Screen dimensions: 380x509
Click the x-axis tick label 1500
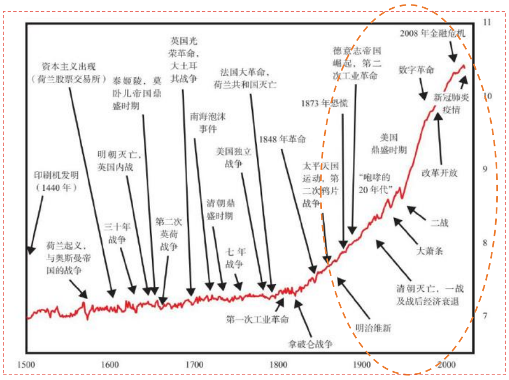pos(26,364)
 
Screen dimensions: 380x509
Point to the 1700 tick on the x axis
pos(194,364)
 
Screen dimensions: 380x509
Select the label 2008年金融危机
pos(432,33)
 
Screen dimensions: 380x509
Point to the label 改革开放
pos(440,173)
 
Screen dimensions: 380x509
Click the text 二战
pos(439,223)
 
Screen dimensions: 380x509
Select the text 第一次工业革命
pos(257,319)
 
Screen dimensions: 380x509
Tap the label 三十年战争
pos(118,234)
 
